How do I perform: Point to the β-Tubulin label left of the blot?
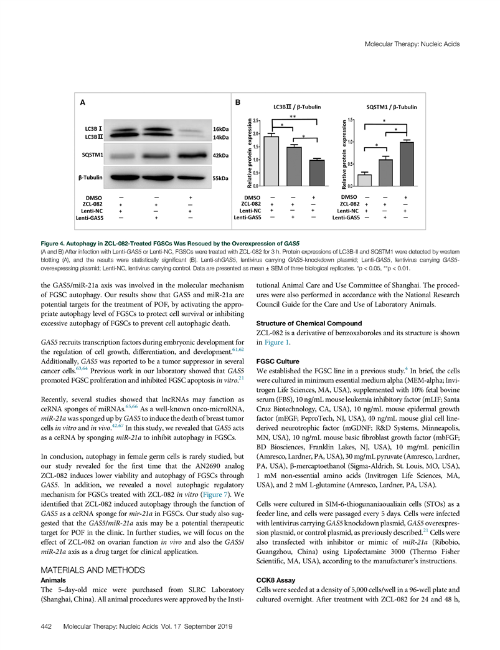coord(90,178)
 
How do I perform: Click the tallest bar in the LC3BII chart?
coord(270,161)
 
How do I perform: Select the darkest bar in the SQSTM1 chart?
coord(407,164)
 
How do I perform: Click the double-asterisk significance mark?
coord(293,117)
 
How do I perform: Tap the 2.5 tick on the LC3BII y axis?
coord(257,121)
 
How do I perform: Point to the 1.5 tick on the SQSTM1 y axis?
coord(351,120)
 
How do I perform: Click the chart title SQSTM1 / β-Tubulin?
coord(392,107)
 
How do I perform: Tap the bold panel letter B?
coord(237,102)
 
